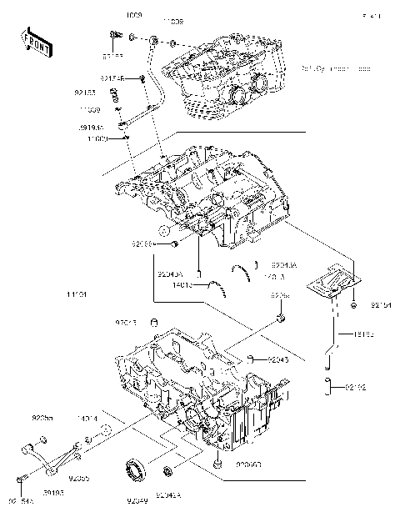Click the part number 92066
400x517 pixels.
click(143, 245)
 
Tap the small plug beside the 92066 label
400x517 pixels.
click(174, 245)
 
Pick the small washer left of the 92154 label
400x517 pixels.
click(355, 307)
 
